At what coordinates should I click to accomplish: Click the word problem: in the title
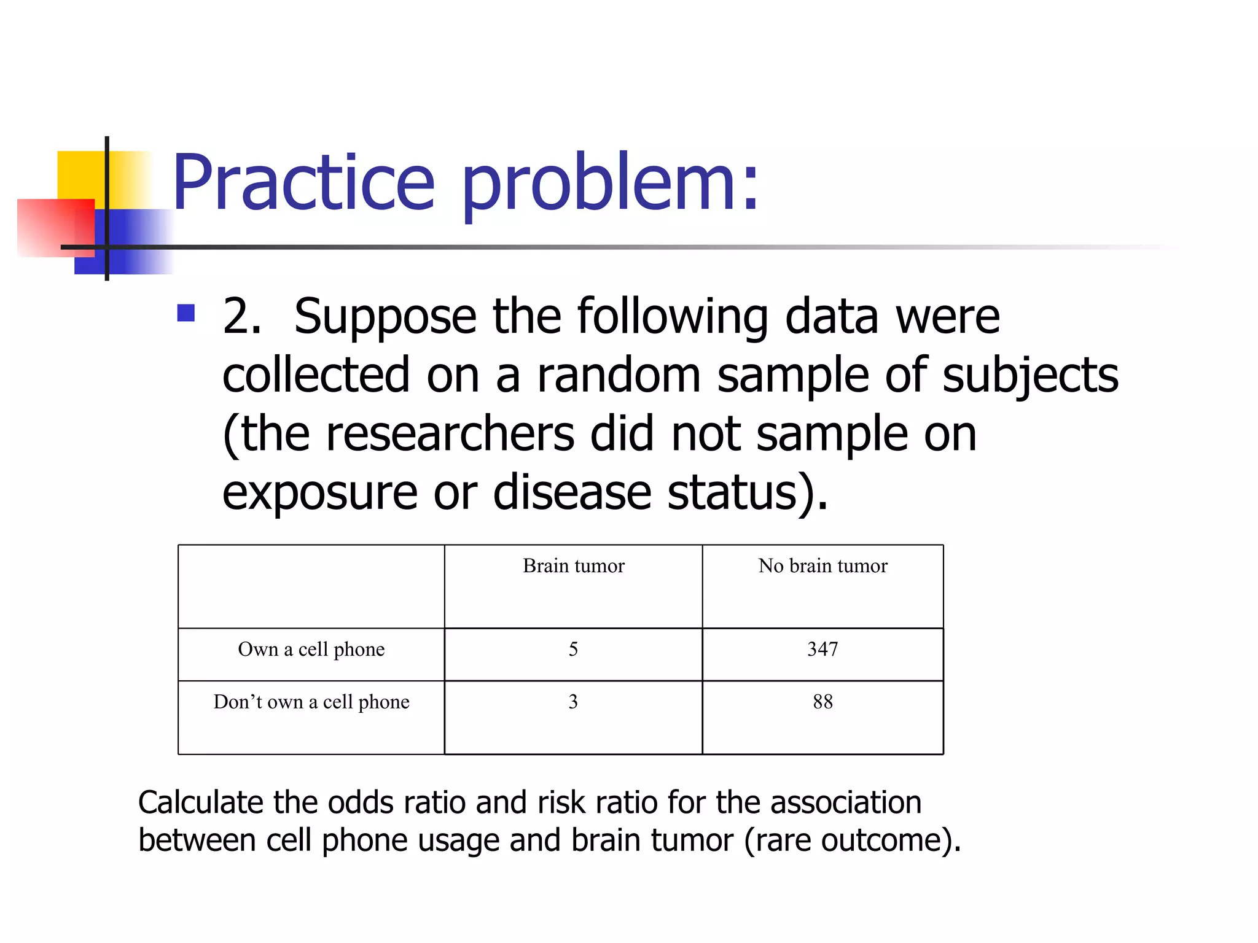click(x=611, y=182)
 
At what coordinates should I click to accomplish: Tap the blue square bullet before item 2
click(x=186, y=313)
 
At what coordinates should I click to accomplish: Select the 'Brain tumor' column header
click(x=573, y=565)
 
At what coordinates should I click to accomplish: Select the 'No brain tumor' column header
click(x=822, y=565)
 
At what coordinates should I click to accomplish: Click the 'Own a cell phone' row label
click(x=311, y=649)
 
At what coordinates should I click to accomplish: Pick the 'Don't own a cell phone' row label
click(x=311, y=702)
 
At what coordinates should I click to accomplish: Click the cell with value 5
click(x=573, y=649)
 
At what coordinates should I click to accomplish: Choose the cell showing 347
click(x=822, y=649)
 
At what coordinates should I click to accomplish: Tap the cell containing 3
click(x=573, y=702)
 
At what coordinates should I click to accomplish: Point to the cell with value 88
click(x=822, y=702)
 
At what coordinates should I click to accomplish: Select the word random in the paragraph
click(x=619, y=375)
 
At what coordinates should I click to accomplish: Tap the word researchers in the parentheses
click(x=450, y=434)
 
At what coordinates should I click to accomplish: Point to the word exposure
click(x=319, y=493)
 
